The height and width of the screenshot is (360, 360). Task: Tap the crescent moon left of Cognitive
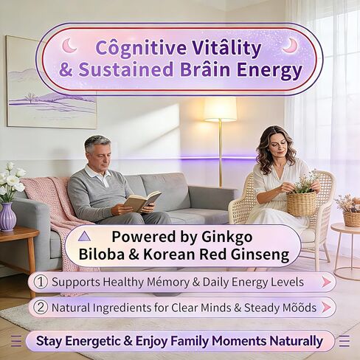[x=69, y=46]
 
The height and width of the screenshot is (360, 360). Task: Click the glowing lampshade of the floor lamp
[x=220, y=109]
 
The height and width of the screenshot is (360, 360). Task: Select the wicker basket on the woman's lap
[x=301, y=202]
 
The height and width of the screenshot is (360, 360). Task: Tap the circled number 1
[x=42, y=282]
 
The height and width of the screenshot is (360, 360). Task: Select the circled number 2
[x=42, y=307]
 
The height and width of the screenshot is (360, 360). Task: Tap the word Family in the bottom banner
[x=198, y=341]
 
